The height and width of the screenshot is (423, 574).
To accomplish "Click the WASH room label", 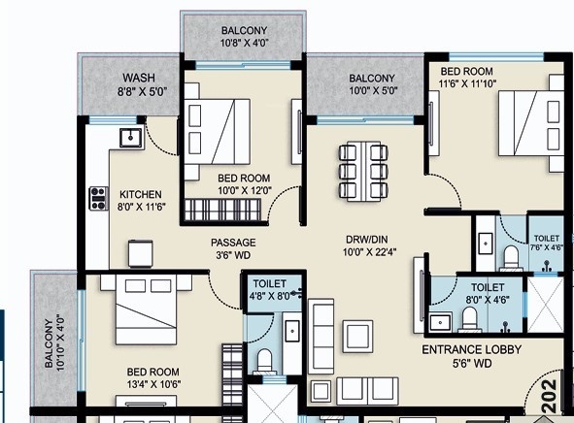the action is tap(139, 78).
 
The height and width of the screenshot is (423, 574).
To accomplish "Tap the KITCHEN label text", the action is tap(141, 194).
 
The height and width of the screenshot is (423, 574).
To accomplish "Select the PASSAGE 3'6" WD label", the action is tap(233, 248).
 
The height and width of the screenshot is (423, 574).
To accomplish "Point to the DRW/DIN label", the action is tap(367, 240).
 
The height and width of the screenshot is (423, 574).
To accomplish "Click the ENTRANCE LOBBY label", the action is tap(471, 349).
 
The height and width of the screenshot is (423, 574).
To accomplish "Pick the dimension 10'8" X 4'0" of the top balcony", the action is tap(244, 43).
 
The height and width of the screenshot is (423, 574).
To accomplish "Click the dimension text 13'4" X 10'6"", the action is tap(153, 384).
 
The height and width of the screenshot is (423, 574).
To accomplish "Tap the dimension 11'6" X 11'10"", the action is tap(467, 83).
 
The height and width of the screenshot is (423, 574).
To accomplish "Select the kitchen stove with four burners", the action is tap(99, 199).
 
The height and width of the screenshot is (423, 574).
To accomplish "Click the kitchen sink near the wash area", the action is tap(131, 138).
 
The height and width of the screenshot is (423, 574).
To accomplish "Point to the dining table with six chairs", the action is tap(363, 171).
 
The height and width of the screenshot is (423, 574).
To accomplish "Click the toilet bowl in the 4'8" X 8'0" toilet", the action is tap(264, 360).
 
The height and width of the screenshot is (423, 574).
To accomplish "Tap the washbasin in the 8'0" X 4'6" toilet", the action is tap(440, 322).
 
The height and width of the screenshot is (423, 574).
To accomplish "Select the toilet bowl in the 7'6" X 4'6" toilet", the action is tap(511, 257).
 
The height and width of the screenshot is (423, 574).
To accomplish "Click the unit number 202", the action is tap(550, 396).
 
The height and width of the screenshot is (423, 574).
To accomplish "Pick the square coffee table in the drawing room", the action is tap(357, 337).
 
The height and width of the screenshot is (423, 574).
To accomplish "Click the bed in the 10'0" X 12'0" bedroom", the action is tap(218, 131).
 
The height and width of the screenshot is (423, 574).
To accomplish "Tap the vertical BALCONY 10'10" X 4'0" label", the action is tap(54, 342).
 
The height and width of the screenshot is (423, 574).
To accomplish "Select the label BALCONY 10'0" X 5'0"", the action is tap(372, 84).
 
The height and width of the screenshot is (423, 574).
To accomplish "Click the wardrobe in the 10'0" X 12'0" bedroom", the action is tap(222, 210).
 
